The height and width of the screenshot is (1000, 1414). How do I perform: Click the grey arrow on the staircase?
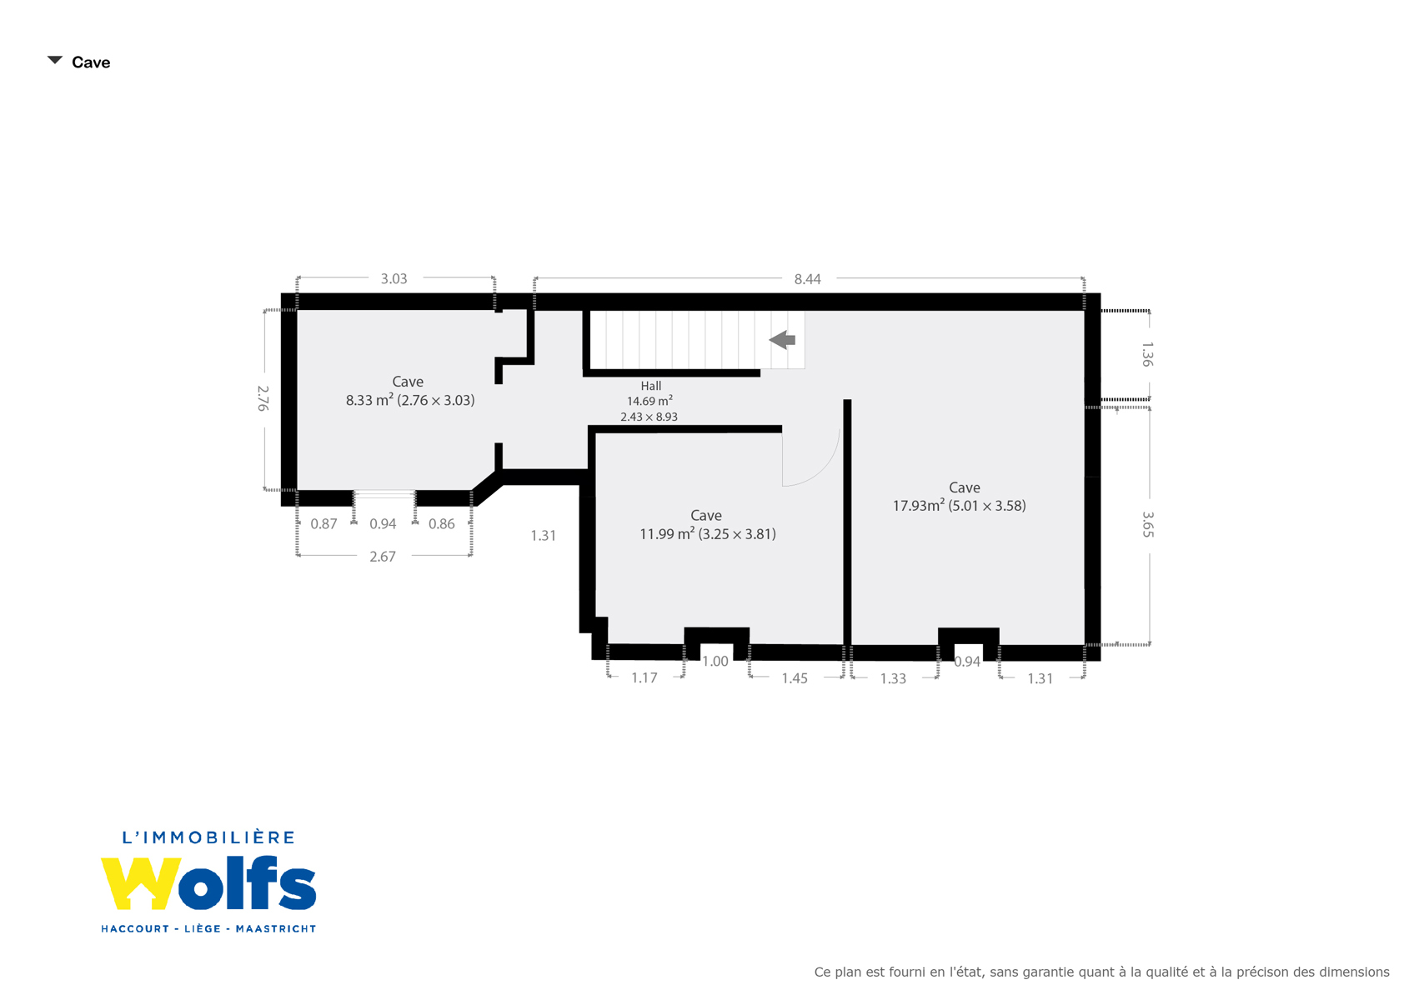(x=782, y=340)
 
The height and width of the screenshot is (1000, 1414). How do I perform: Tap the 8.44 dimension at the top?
(x=807, y=279)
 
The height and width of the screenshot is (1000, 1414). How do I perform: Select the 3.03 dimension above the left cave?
(x=394, y=279)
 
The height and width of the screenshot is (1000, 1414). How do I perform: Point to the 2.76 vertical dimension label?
(x=263, y=398)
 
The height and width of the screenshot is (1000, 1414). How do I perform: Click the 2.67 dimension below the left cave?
(x=383, y=557)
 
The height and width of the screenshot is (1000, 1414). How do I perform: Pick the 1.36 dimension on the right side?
(x=1147, y=354)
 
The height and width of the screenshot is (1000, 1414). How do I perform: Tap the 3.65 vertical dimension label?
(x=1147, y=525)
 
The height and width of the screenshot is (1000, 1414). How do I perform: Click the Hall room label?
(x=651, y=386)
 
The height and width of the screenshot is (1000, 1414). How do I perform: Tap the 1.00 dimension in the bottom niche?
(x=715, y=661)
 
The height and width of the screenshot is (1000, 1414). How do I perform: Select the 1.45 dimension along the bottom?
(x=795, y=678)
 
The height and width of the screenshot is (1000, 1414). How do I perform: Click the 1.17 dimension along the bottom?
(x=644, y=678)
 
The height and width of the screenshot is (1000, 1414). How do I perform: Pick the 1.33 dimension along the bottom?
(x=893, y=679)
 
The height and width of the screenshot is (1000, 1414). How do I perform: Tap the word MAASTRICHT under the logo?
(x=276, y=928)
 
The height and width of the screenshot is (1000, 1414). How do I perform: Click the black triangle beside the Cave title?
(x=55, y=60)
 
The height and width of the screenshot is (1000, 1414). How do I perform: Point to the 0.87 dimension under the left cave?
(x=323, y=524)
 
